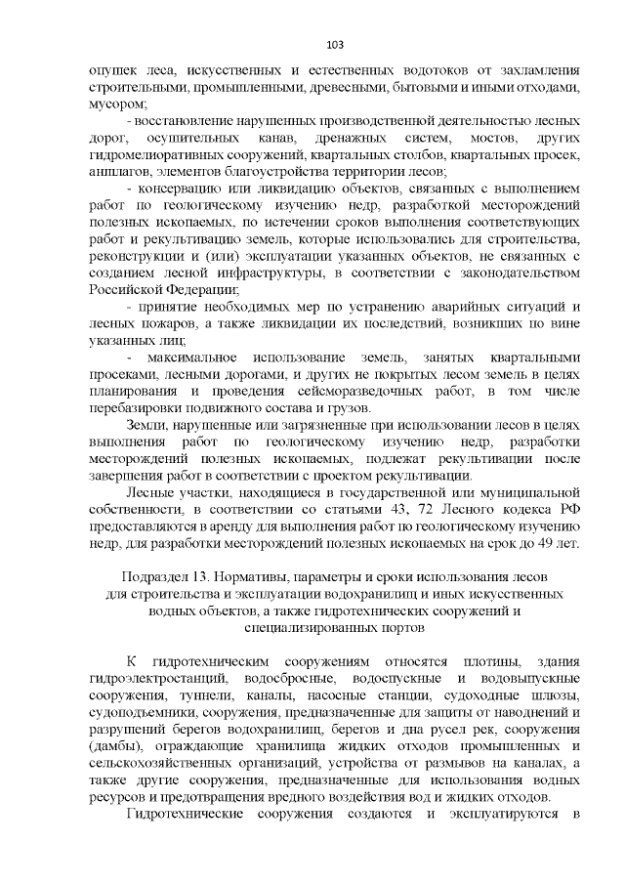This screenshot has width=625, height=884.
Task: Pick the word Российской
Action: click(126, 288)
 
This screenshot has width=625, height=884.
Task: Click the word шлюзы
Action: click(558, 695)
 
